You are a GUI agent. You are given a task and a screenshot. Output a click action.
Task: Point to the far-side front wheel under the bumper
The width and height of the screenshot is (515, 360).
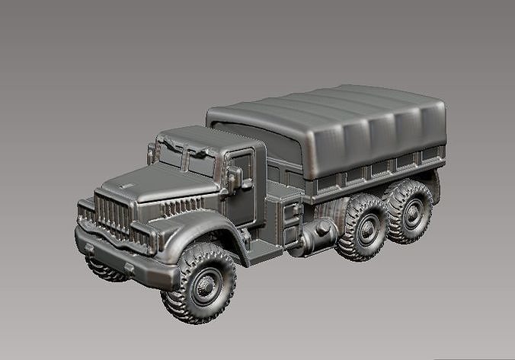tap(104, 268)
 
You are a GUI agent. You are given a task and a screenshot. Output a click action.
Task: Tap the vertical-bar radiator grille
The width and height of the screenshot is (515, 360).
tap(114, 214)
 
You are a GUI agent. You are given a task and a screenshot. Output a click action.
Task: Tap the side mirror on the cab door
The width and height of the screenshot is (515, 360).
tap(235, 177)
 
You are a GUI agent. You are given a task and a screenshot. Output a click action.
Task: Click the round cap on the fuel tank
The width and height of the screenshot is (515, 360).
tap(324, 227)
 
